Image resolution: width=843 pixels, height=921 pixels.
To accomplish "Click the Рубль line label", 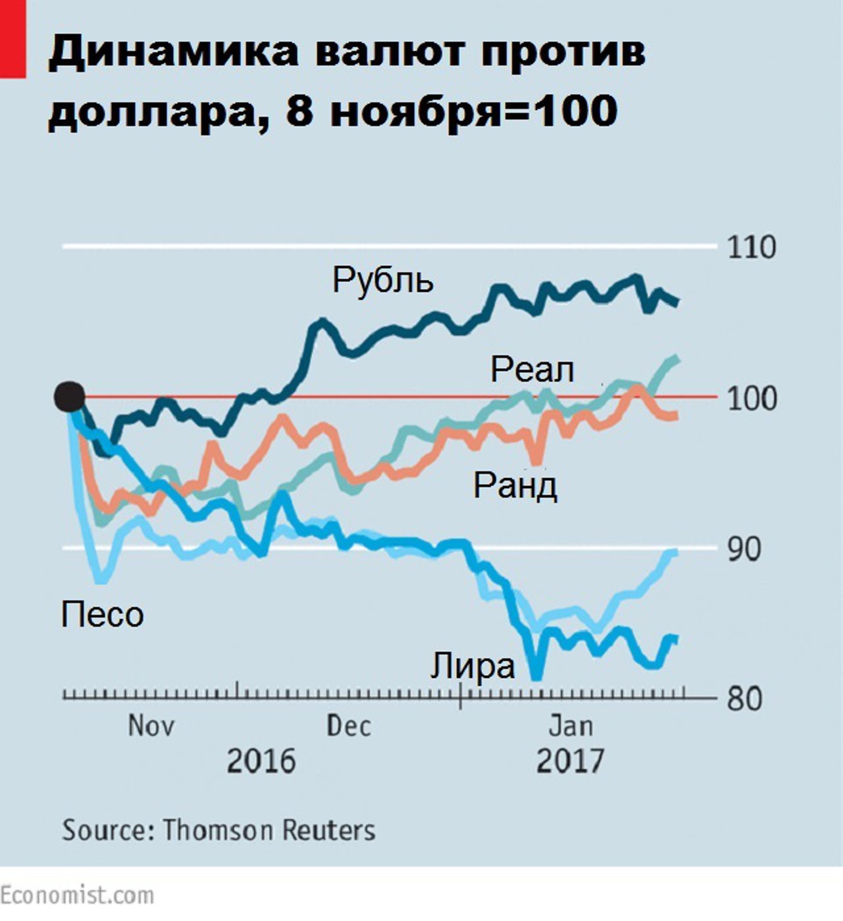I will click(383, 280).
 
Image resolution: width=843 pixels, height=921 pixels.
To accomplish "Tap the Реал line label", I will click(532, 370).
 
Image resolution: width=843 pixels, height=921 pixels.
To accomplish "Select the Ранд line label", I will click(515, 485).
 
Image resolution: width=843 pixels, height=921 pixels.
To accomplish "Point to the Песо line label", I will click(102, 614).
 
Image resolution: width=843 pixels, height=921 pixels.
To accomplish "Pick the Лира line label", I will click(472, 666).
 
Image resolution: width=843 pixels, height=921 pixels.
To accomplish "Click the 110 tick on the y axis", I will click(751, 248).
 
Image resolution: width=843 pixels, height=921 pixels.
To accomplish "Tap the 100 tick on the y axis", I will click(751, 399).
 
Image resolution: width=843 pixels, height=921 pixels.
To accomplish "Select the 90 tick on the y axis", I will click(744, 550).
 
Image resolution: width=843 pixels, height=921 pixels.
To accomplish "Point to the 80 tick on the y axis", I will click(744, 699).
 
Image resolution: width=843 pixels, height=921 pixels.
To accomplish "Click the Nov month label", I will click(151, 726).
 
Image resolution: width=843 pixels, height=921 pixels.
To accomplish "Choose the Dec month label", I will click(349, 726).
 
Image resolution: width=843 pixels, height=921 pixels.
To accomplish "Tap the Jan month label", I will click(571, 726).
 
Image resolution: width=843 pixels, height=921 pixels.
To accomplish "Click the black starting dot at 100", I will click(70, 397).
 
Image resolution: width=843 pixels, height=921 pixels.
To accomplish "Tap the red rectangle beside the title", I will click(12, 38).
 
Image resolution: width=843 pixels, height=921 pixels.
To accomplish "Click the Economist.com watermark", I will click(77, 895).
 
